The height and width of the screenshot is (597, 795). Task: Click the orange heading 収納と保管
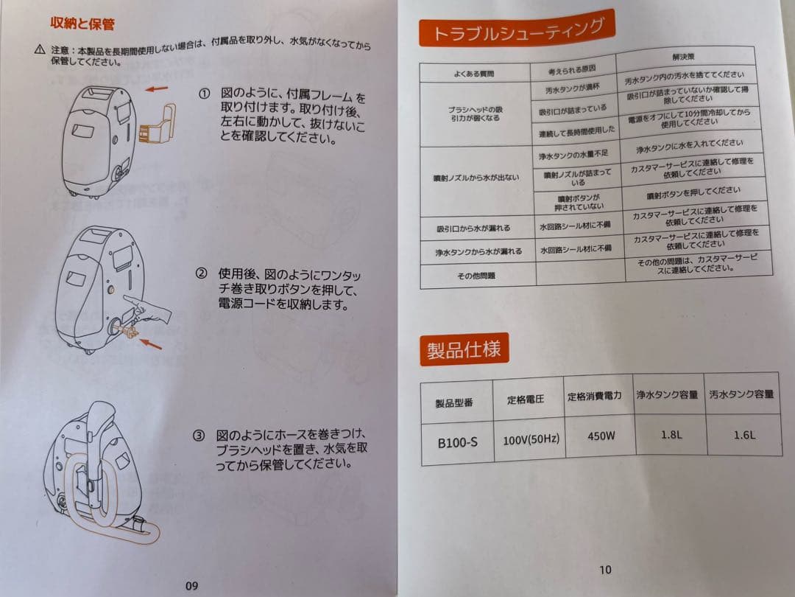82,24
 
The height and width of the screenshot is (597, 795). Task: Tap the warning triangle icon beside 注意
40,50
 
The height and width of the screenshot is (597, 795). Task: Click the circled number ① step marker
204,94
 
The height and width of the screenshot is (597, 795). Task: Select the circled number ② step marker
201,273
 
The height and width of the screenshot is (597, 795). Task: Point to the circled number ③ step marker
199,436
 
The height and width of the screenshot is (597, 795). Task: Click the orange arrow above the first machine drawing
157,89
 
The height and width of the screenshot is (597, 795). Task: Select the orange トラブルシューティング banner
517,29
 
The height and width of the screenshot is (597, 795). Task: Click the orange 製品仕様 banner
464,349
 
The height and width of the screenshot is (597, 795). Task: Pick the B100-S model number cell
457,443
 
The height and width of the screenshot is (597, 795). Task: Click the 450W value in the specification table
601,436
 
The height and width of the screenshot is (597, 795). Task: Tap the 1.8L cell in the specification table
671,435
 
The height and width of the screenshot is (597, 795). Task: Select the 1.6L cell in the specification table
744,435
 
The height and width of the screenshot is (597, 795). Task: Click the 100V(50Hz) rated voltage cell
531,439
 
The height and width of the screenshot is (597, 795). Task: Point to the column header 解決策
683,57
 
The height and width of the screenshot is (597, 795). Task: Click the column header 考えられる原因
572,69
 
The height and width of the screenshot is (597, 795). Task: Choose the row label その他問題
476,276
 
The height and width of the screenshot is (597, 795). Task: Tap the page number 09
191,585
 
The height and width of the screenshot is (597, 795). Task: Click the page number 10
605,570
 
